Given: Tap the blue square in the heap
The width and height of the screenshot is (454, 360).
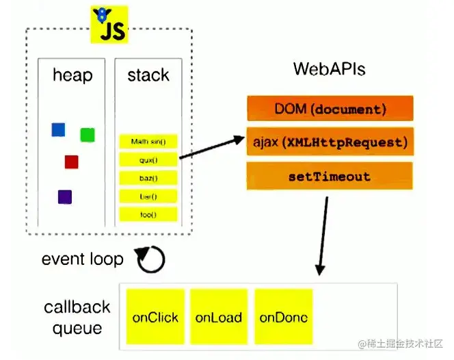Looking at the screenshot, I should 58,129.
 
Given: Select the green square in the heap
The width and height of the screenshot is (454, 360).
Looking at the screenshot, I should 87,135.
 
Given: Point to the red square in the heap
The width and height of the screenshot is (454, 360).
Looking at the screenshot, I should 71,162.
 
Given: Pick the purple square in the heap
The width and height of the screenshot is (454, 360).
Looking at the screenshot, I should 65,197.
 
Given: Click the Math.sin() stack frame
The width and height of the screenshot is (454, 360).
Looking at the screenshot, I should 148,142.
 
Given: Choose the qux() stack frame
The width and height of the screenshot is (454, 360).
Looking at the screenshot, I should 148,159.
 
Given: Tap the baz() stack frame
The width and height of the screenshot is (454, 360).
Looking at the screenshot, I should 148,178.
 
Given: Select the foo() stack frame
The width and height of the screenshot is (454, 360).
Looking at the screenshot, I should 148,214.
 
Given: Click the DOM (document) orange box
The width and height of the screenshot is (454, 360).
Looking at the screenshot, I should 330,109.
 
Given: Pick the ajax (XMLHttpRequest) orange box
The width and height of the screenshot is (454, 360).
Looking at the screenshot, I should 330,142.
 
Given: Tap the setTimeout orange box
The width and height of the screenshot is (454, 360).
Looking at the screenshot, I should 330,177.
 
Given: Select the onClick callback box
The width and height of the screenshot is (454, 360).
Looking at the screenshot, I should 155,317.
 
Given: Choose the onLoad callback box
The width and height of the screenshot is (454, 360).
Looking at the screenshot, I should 219,317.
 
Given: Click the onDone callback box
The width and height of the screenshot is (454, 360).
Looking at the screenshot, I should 283,317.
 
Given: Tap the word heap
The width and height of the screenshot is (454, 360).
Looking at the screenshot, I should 72,75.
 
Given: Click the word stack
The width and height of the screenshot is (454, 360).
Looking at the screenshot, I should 148,75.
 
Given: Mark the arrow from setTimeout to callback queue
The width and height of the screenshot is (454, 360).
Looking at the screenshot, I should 323,236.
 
